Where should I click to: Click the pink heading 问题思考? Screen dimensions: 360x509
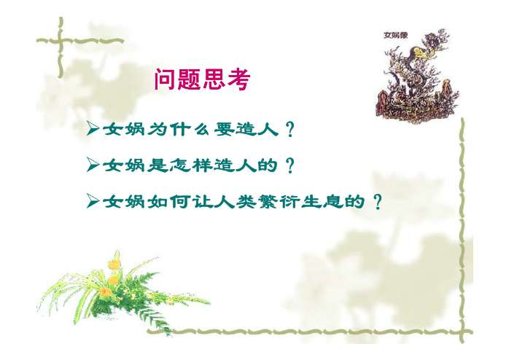click(x=202, y=80)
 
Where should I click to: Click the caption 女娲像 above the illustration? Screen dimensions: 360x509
click(x=397, y=35)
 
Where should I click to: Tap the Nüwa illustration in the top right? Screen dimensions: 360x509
click(x=412, y=77)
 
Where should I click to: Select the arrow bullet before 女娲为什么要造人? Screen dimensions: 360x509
click(x=93, y=130)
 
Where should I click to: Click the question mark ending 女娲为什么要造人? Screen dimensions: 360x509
click(x=290, y=130)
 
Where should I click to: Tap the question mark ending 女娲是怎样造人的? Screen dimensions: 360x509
click(x=290, y=166)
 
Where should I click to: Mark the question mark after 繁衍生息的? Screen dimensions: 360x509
click(x=376, y=201)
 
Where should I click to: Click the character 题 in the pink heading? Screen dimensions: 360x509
click(x=190, y=80)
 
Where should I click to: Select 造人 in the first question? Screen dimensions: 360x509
click(x=258, y=130)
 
